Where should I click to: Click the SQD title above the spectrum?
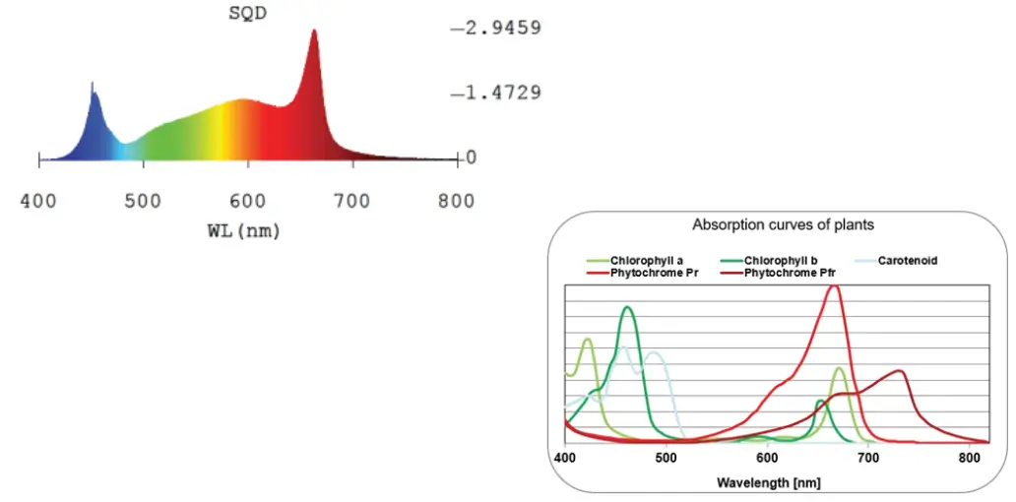247,13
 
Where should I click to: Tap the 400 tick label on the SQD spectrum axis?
39,202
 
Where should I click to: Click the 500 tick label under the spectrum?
144,202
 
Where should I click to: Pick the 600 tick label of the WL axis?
248,202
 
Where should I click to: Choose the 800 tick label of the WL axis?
456,202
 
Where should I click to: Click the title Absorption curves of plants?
783,225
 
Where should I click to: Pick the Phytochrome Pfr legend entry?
788,273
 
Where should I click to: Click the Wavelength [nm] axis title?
769,482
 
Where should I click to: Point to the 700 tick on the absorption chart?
867,458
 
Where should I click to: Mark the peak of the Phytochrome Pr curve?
834,286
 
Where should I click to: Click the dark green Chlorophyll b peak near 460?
627,308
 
